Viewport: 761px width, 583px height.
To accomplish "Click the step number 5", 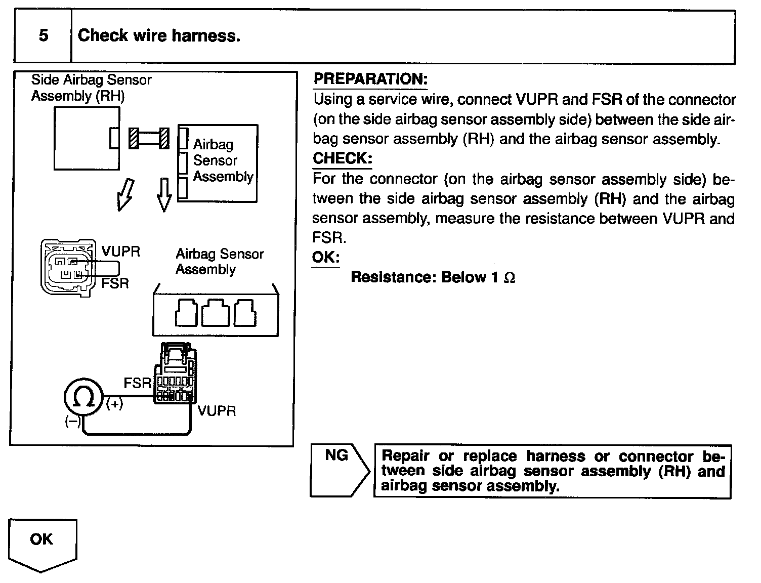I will (x=44, y=35).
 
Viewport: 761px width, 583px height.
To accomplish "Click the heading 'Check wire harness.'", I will (x=159, y=35).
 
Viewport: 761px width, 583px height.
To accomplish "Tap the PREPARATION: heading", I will (x=370, y=79).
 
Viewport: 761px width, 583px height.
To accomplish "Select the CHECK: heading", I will (x=342, y=158).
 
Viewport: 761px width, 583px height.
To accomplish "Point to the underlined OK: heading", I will (x=325, y=257).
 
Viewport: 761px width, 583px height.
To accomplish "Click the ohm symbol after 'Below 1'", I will (x=510, y=278).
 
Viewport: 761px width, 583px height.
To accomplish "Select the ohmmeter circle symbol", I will (x=83, y=397).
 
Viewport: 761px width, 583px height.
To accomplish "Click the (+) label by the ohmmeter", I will (x=114, y=404).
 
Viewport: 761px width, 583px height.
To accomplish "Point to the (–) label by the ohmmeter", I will (x=72, y=422).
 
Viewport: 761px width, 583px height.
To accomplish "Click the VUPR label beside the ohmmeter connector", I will (x=217, y=410).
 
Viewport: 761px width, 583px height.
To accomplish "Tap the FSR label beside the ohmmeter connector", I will (x=137, y=383).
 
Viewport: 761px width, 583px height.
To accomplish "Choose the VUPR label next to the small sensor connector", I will (x=120, y=252).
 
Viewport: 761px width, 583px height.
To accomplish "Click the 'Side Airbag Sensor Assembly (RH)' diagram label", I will (x=91, y=88).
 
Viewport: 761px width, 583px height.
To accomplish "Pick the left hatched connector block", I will (x=134, y=138).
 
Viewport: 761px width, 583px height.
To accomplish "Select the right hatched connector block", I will (x=164, y=138).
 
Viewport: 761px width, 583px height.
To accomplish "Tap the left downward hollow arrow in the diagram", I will (x=125, y=194).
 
